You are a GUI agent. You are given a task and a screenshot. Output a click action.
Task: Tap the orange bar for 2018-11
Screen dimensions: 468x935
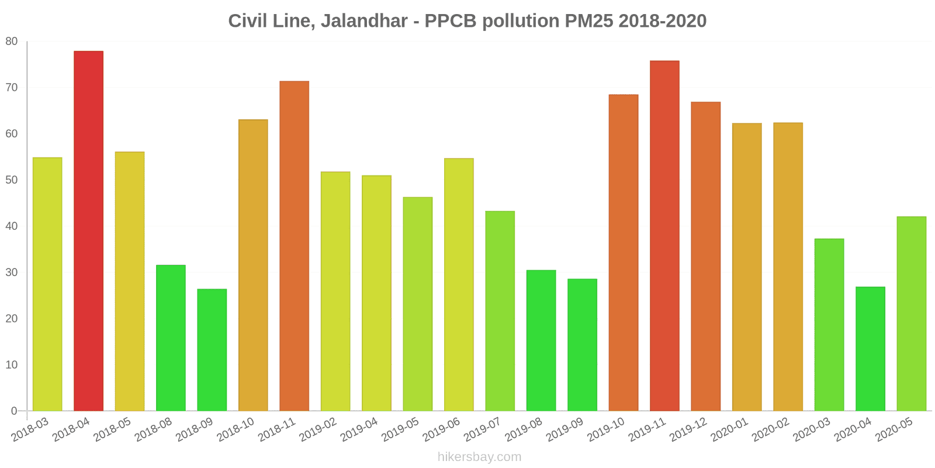click(x=294, y=246)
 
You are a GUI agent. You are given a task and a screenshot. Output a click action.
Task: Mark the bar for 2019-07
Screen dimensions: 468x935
click(x=500, y=311)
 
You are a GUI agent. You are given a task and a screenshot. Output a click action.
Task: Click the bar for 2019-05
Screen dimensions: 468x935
click(x=417, y=304)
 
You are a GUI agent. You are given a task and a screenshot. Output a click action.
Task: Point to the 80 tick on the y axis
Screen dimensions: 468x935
click(x=12, y=42)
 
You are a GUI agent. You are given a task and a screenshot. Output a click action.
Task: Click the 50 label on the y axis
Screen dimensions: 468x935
click(x=12, y=180)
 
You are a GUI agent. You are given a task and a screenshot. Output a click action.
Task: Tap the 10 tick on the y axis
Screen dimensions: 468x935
click(x=12, y=365)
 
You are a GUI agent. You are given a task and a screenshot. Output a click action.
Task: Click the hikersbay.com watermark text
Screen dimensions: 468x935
click(x=479, y=457)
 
